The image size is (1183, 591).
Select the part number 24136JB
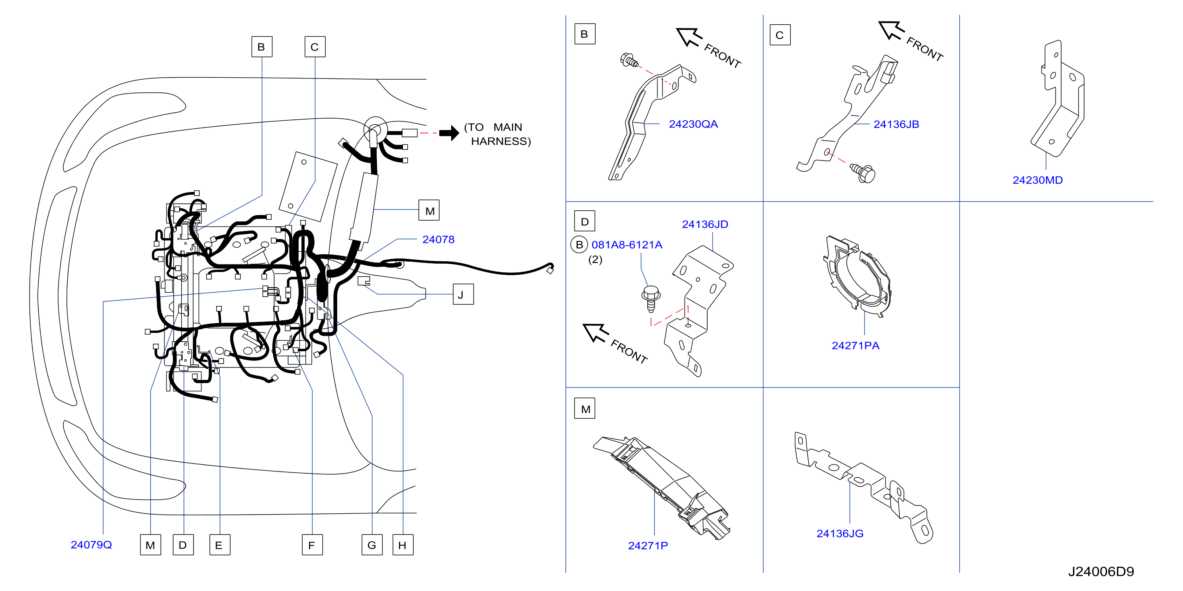point(896,124)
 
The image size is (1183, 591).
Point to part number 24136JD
point(705,224)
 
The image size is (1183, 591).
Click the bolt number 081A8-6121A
point(627,245)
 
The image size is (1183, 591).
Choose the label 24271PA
point(856,345)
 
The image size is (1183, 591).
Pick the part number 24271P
point(647,546)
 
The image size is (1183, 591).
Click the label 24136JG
point(839,533)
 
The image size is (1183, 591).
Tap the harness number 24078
point(438,239)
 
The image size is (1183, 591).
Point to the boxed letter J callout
point(463,294)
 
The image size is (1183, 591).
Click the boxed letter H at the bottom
point(403,545)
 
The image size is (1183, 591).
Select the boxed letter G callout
point(372,545)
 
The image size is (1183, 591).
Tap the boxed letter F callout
point(312,545)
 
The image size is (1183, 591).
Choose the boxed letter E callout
point(219,545)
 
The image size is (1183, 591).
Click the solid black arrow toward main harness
point(449,133)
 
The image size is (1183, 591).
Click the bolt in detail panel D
point(651,298)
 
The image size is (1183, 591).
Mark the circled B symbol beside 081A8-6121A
point(579,245)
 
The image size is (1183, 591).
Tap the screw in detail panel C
point(862,173)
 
